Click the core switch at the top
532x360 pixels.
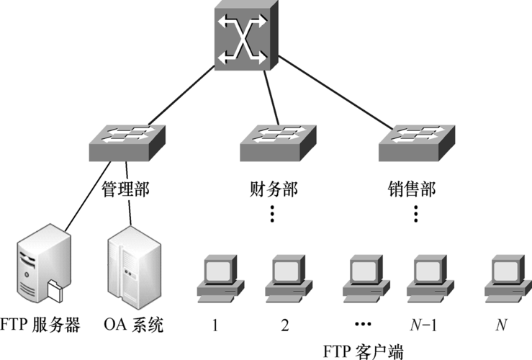click(x=246, y=35)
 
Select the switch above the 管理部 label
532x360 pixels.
click(x=127, y=143)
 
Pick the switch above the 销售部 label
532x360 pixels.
click(x=415, y=143)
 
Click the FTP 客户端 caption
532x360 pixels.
click(x=361, y=351)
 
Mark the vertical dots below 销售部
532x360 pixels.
click(x=416, y=214)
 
